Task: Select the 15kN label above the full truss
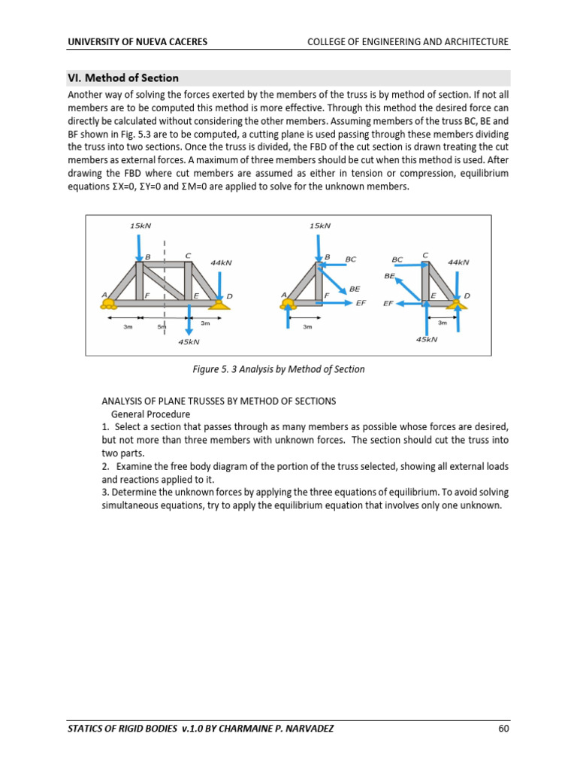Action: pyautogui.click(x=140, y=226)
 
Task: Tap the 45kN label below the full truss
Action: pyautogui.click(x=189, y=342)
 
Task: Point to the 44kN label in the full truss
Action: pyautogui.click(x=221, y=262)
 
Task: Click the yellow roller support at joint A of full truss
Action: pyautogui.click(x=109, y=304)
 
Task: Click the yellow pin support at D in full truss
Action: pyautogui.click(x=219, y=304)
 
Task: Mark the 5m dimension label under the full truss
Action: pyautogui.click(x=162, y=327)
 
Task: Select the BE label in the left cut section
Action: pyautogui.click(x=355, y=289)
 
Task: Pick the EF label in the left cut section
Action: pyautogui.click(x=361, y=303)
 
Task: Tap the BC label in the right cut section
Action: pyautogui.click(x=397, y=259)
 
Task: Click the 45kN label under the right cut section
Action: pyautogui.click(x=426, y=339)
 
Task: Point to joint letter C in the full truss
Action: pyautogui.click(x=188, y=256)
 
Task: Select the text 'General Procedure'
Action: pyautogui.click(x=150, y=414)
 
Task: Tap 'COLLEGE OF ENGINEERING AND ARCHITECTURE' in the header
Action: pyautogui.click(x=408, y=41)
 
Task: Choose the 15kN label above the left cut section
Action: pyautogui.click(x=319, y=226)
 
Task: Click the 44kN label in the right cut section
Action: pyautogui.click(x=458, y=262)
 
